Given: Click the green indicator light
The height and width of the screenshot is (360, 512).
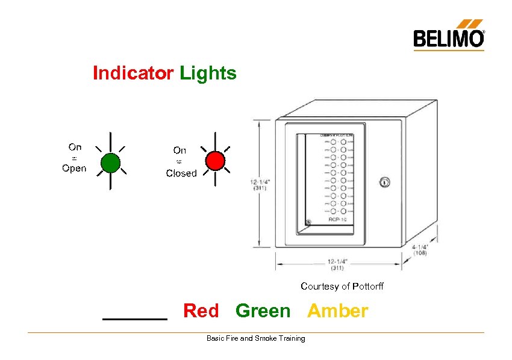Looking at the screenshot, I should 110,162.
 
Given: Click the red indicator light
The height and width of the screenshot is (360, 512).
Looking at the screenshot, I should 215,160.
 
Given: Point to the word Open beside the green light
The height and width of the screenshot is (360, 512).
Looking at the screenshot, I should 74,168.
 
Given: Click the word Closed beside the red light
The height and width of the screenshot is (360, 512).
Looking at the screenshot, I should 181,173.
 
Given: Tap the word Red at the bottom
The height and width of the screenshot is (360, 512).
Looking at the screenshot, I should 201,311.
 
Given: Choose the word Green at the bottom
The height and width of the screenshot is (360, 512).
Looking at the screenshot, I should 263,311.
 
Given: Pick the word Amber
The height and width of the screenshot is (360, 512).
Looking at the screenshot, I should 337,311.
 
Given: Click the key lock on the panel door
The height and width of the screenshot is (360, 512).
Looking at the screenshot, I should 385,182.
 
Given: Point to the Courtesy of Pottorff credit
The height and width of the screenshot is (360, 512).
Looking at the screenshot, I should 342,287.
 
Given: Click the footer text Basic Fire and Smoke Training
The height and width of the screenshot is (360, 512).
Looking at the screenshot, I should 255,338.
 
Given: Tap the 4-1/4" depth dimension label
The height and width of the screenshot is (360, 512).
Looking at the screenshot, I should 420,249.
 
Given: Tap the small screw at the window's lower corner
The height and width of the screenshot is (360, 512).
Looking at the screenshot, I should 308,223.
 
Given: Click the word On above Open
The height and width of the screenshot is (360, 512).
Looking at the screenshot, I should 75,147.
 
